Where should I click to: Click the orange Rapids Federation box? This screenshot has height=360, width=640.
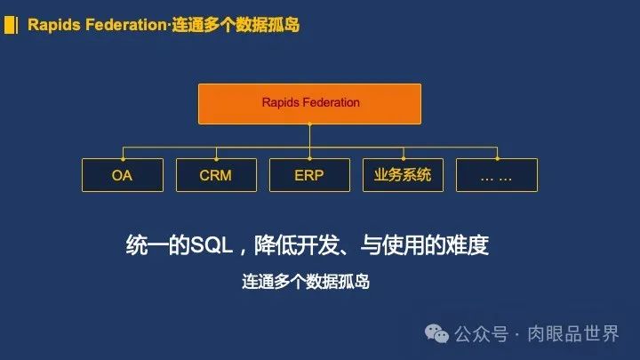tap(310, 104)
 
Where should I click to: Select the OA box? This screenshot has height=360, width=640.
tap(123, 175)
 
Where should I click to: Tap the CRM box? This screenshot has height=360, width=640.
tap(216, 175)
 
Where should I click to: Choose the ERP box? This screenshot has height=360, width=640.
tap(310, 175)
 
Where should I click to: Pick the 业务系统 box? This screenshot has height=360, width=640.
tap(403, 175)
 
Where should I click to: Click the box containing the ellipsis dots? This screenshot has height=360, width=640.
tap(497, 175)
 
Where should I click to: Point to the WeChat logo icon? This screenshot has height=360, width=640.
tap(436, 334)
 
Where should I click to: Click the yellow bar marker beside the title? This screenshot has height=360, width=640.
tap(11, 25)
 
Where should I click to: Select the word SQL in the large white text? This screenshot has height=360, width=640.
tap(212, 245)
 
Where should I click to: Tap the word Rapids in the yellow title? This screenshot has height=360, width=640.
tap(54, 25)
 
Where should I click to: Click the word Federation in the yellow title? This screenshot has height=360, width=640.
tap(126, 25)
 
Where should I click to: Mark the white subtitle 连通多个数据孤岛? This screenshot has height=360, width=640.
tap(306, 282)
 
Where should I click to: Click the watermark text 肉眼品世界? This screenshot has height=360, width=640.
tap(573, 334)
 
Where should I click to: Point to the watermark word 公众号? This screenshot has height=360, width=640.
tap(482, 334)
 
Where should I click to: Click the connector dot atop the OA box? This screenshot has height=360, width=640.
tap(123, 159)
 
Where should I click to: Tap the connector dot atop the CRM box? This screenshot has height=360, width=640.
tap(216, 159)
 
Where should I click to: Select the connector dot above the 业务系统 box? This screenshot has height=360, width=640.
tap(404, 159)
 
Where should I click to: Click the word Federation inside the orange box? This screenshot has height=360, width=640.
tap(330, 102)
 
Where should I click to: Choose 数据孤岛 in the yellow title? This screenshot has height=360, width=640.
tap(268, 25)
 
